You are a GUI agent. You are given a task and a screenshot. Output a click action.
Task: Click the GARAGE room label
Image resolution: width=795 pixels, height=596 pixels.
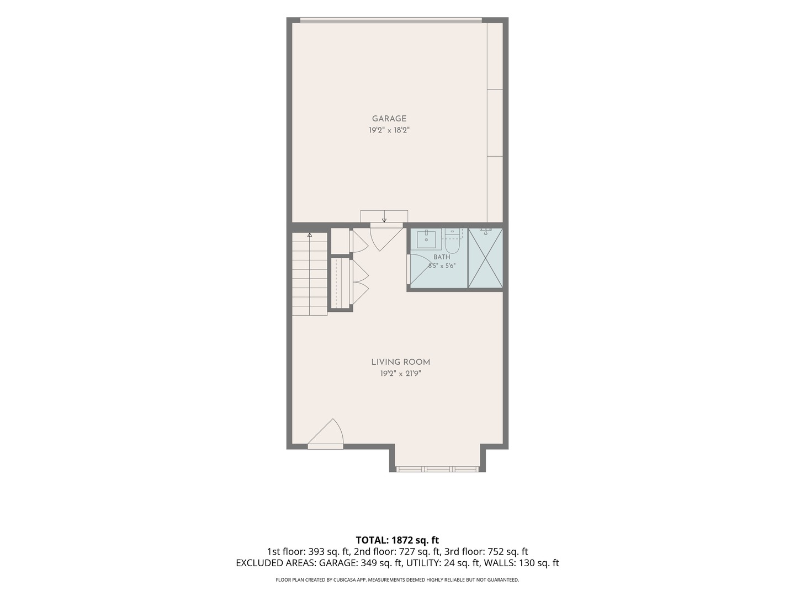coord(389,119)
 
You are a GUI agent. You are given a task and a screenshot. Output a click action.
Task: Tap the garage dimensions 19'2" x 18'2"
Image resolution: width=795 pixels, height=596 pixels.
coord(389,130)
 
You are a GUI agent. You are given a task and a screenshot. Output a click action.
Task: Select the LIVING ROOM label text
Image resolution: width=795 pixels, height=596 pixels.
coord(401,362)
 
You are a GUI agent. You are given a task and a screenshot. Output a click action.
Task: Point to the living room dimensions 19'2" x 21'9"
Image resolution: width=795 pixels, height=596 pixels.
coord(401,374)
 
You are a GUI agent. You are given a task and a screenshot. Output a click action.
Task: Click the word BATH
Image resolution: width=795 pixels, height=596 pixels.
coord(442,257)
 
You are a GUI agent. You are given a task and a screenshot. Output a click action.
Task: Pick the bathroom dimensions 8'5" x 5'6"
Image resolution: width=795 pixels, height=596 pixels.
coord(442,265)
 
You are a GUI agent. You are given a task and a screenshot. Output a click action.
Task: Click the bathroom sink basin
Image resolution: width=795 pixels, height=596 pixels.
coord(426,239)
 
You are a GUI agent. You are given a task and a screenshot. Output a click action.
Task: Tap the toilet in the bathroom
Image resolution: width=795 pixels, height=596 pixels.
coord(452,242)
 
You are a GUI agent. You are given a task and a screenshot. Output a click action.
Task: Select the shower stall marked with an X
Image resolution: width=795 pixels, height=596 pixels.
coord(485,258)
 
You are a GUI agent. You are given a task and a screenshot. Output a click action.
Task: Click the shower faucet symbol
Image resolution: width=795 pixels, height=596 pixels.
coord(485,230)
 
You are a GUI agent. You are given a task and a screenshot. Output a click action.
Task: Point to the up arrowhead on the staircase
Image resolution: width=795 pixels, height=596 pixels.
coord(309,235)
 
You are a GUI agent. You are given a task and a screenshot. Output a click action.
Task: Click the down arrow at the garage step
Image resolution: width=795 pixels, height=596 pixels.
coord(384,216)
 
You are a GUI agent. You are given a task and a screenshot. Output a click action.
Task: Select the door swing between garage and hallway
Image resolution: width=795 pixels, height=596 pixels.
coord(386,237)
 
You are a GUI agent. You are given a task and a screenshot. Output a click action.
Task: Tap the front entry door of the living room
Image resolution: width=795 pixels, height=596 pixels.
coord(325,434)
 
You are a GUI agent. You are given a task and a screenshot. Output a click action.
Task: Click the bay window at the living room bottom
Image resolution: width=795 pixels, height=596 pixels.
coord(437,469)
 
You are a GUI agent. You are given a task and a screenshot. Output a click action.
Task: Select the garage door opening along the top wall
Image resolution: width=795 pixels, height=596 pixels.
coord(391,20)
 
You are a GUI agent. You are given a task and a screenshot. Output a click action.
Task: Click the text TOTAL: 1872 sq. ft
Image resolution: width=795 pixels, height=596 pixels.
coord(397,540)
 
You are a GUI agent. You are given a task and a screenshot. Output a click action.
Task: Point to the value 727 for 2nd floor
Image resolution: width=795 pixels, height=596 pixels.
coord(407,552)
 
